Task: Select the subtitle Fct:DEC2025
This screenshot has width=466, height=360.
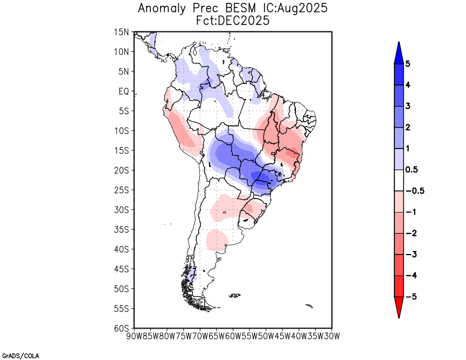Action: pyautogui.click(x=233, y=20)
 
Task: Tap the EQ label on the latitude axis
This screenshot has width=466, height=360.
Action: pyautogui.click(x=123, y=91)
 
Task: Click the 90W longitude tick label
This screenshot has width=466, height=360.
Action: pyautogui.click(x=135, y=336)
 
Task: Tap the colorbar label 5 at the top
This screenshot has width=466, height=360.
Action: pyautogui.click(x=407, y=64)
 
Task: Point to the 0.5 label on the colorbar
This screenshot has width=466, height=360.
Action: pyautogui.click(x=411, y=170)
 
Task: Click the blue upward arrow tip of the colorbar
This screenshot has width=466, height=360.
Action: pyautogui.click(x=398, y=45)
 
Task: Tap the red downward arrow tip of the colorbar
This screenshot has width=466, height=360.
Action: pyautogui.click(x=398, y=315)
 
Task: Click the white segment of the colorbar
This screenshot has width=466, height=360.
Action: pyautogui.click(x=398, y=181)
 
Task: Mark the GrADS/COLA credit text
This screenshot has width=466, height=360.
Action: pyautogui.click(x=20, y=355)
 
